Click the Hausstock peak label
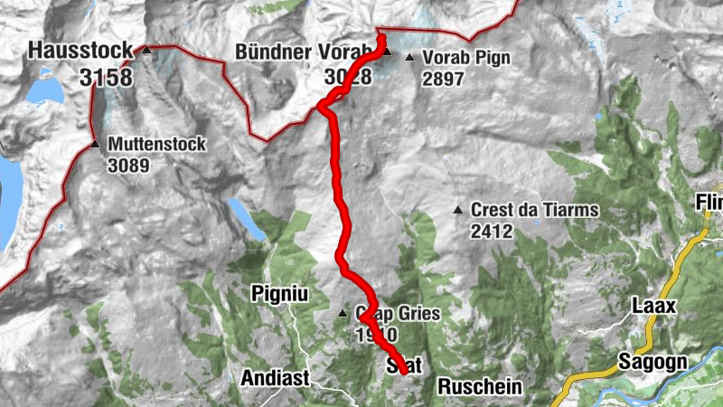coord(80,52)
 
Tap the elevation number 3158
coord(105,78)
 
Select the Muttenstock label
coord(157,144)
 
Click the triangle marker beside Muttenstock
coord(95,144)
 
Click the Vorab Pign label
coord(465,58)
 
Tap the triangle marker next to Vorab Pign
coord(409,59)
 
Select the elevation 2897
coord(442,80)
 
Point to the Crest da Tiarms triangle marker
coord(459,211)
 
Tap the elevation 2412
coord(492,232)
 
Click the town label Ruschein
coord(480,387)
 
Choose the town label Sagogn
coord(653,362)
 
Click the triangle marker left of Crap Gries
coord(343,315)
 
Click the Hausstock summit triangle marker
coord(146,52)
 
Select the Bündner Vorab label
coord(302,52)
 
